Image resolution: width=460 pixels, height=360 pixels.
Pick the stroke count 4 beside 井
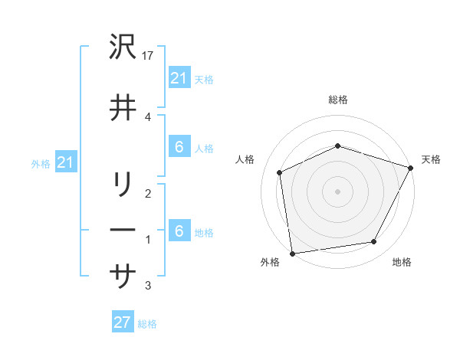(x=147, y=116)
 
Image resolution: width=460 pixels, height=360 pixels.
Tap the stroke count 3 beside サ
(x=147, y=286)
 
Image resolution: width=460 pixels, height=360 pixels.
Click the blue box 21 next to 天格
(x=179, y=79)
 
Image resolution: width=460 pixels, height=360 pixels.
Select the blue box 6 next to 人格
(x=179, y=148)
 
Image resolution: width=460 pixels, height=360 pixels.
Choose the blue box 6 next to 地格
(x=179, y=232)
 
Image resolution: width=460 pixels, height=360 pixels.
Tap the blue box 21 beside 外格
(x=65, y=163)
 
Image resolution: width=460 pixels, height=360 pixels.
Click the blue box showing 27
(x=122, y=322)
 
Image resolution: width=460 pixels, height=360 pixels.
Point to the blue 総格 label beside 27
(x=147, y=324)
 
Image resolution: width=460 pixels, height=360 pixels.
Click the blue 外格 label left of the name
(x=41, y=164)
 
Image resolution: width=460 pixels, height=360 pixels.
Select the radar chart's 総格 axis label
(x=338, y=100)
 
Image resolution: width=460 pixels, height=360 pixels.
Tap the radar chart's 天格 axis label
(x=431, y=159)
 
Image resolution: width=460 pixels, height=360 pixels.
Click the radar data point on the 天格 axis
(x=412, y=168)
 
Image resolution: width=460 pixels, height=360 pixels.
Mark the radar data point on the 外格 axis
(x=292, y=253)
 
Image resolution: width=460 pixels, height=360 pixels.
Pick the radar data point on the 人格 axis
(x=280, y=172)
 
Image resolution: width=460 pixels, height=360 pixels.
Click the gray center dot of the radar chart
(x=338, y=191)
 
